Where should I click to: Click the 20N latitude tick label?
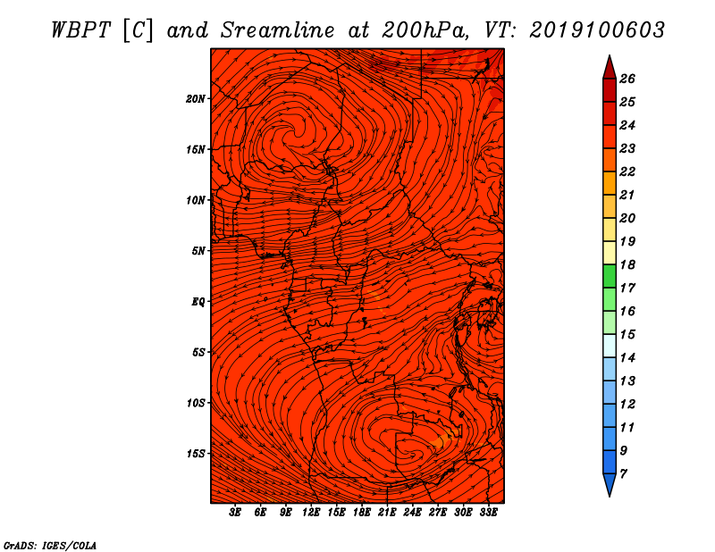pyautogui.click(x=195, y=99)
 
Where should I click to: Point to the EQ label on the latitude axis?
pyautogui.click(x=198, y=302)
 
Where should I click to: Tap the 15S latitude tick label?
pyautogui.click(x=195, y=454)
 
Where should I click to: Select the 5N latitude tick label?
pyautogui.click(x=198, y=251)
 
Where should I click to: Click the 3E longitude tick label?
pyautogui.click(x=235, y=513)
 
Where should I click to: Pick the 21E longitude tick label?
pyautogui.click(x=387, y=513)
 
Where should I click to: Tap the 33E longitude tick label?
pyautogui.click(x=488, y=513)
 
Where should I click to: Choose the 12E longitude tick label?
pyautogui.click(x=310, y=513)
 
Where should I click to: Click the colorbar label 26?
pyautogui.click(x=627, y=79)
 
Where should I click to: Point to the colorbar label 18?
pyautogui.click(x=627, y=264)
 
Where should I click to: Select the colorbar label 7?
pyautogui.click(x=623, y=474)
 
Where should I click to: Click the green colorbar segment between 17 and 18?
pyautogui.click(x=610, y=276)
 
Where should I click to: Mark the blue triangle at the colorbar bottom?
pyautogui.click(x=610, y=484)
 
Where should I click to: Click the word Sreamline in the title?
pyautogui.click(x=278, y=30)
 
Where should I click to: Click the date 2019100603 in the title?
pyautogui.click(x=597, y=30)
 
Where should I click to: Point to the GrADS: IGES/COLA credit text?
pyautogui.click(x=50, y=546)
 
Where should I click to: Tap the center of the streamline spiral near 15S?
pyautogui.click(x=412, y=454)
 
